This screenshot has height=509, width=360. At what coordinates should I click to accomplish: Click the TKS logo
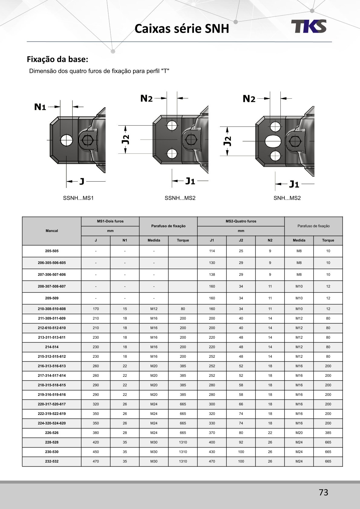pyautogui.click(x=309, y=26)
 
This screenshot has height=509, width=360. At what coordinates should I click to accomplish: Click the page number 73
pyautogui.click(x=323, y=493)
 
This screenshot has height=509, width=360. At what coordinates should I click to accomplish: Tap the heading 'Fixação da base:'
pyautogui.click(x=57, y=59)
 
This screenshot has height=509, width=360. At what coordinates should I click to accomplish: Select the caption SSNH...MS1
pyautogui.click(x=78, y=198)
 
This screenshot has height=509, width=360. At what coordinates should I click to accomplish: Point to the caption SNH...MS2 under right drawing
pyautogui.click(x=287, y=198)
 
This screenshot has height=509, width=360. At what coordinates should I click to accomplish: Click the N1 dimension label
pyautogui.click(x=40, y=107)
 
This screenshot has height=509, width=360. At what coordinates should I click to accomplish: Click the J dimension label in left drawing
pyautogui.click(x=82, y=182)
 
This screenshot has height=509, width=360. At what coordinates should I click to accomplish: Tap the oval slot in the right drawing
pyautogui.click(x=273, y=141)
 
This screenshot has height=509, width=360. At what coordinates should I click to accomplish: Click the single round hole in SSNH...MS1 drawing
pyautogui.click(x=66, y=140)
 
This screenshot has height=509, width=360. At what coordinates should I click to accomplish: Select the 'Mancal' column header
pyautogui.click(x=52, y=231)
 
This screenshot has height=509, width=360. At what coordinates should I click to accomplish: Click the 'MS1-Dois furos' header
pyautogui.click(x=110, y=221)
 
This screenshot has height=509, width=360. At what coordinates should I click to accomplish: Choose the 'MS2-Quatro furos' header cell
pyautogui.click(x=241, y=221)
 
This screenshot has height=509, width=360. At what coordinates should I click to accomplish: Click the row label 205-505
pyautogui.click(x=52, y=251)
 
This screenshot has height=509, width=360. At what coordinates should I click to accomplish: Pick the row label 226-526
pyautogui.click(x=52, y=433)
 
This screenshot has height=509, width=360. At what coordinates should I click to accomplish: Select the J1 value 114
pyautogui.click(x=212, y=251)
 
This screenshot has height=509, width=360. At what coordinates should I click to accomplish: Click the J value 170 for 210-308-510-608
pyautogui.click(x=96, y=309)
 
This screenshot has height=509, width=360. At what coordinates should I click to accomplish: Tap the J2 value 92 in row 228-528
pyautogui.click(x=241, y=442)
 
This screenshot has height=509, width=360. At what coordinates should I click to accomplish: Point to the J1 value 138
pyautogui.click(x=212, y=274)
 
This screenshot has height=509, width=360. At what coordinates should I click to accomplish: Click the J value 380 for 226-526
pyautogui.click(x=96, y=433)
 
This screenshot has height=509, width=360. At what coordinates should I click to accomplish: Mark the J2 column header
pyautogui.click(x=241, y=240)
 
